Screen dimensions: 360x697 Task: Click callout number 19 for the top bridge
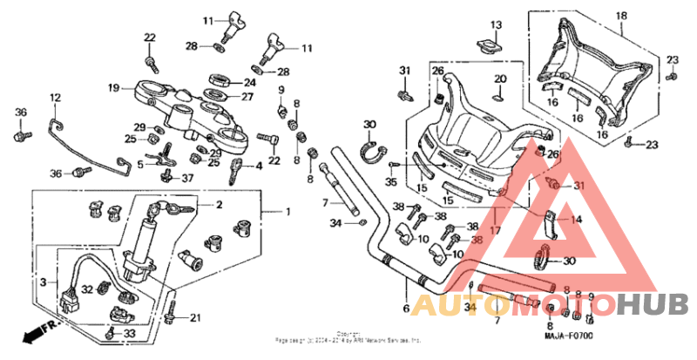[x=113, y=87]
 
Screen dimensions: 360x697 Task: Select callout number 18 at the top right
[x=621, y=17]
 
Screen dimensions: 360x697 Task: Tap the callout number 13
[x=496, y=24]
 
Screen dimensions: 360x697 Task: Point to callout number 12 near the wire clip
[x=54, y=98]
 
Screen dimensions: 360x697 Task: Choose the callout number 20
[x=500, y=80]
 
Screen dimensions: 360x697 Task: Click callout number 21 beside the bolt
[x=195, y=317]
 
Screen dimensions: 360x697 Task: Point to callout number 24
[x=249, y=83]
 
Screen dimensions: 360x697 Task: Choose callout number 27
[x=249, y=98]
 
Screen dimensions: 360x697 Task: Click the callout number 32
[x=87, y=289]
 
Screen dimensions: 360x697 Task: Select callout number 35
[x=390, y=182]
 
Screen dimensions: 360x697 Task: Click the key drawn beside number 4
[x=235, y=170]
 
